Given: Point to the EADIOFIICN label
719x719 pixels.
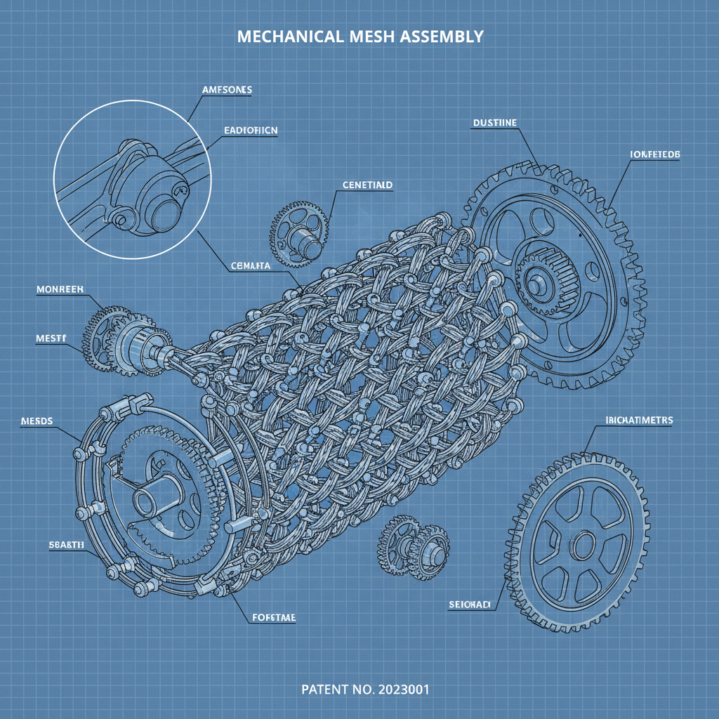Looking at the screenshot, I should [250, 131].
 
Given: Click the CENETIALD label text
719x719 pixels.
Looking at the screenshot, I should [367, 185].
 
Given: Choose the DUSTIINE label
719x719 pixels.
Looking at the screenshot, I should [494, 123].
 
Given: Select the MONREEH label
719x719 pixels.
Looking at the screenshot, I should [59, 289].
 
